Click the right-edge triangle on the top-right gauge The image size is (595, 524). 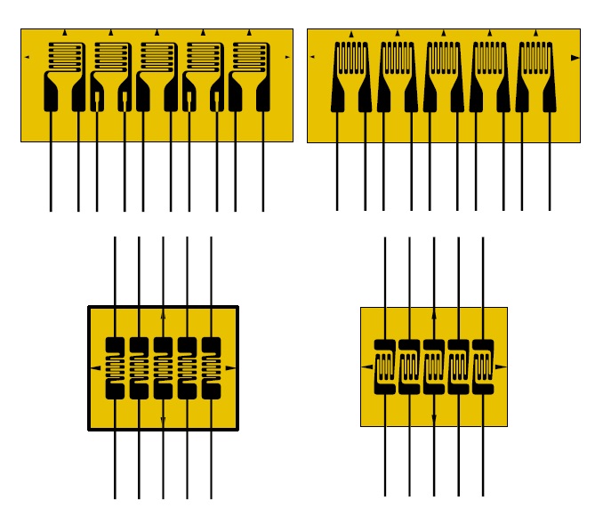click(x=575, y=58)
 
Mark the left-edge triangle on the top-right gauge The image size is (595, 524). click(x=313, y=58)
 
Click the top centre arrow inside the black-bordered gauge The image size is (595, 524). click(x=163, y=315)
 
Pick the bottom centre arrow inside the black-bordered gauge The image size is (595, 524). click(x=163, y=419)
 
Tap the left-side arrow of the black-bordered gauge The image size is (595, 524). click(x=95, y=367)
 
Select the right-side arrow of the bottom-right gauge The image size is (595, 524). click(x=500, y=367)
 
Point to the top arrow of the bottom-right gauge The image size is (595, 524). click(x=434, y=315)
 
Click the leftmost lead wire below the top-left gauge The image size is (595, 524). click(x=51, y=178)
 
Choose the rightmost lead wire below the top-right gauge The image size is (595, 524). click(x=550, y=178)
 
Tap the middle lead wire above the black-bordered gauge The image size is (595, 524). click(x=163, y=267)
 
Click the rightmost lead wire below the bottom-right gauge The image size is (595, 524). click(x=483, y=463)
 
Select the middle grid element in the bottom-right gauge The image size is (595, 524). click(x=434, y=367)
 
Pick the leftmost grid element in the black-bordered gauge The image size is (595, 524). click(x=116, y=367)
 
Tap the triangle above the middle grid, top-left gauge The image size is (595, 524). click(x=157, y=33)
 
